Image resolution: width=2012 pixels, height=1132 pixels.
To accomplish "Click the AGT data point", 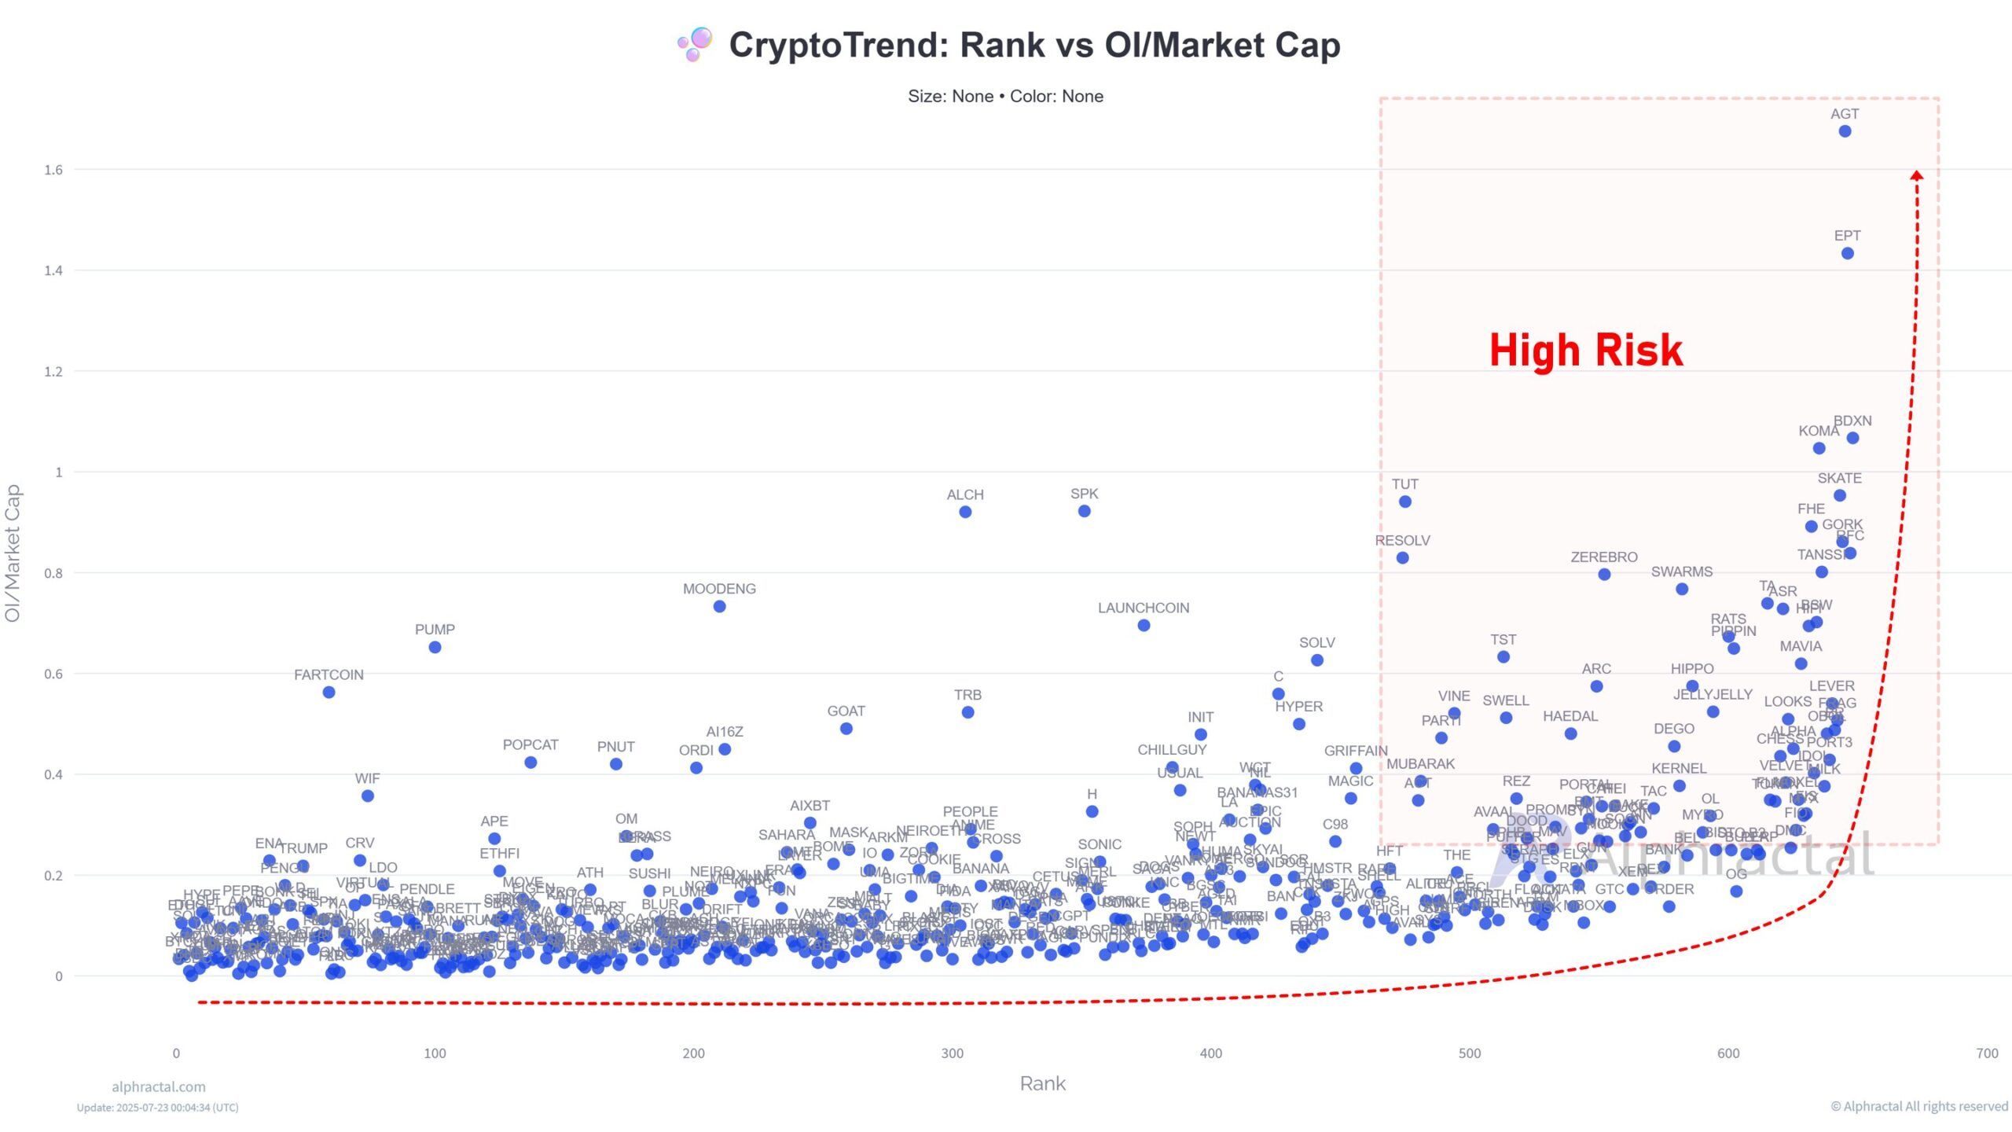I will [x=1845, y=131].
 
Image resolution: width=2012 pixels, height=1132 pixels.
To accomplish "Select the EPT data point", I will [x=1848, y=253].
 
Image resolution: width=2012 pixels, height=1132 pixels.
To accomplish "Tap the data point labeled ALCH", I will [x=965, y=512].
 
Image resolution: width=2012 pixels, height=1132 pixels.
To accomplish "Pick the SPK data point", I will [x=1084, y=511].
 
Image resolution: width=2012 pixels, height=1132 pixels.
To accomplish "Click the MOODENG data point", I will [x=719, y=606].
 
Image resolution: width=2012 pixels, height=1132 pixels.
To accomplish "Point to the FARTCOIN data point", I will [x=329, y=692].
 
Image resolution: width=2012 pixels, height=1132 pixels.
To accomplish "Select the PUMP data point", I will [x=435, y=647].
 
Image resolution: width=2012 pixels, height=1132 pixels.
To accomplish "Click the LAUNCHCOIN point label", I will [x=1144, y=608].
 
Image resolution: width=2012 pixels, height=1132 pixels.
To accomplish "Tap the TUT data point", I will [x=1405, y=502].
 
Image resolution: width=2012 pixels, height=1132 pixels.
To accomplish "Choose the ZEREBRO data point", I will [x=1604, y=574].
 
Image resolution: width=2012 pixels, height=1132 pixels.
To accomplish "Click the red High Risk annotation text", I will [x=1586, y=350].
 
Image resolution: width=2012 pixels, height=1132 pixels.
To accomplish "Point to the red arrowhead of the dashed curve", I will [x=1917, y=175].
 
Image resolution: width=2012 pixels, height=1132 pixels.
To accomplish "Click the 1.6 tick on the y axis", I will [x=53, y=170].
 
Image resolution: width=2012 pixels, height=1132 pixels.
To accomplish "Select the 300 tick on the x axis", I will [x=952, y=1053].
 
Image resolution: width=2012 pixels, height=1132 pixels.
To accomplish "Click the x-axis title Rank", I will [x=1042, y=1083].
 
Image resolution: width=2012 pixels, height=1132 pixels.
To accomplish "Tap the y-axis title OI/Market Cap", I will [x=13, y=553].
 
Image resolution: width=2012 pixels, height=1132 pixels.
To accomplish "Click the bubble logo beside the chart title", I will [x=696, y=44].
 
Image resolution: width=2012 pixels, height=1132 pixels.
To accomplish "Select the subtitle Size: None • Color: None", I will [x=1005, y=96].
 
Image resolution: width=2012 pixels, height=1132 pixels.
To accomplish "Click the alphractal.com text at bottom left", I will [x=159, y=1086].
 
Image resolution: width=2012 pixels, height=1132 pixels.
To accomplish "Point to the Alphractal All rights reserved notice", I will [x=1919, y=1106].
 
